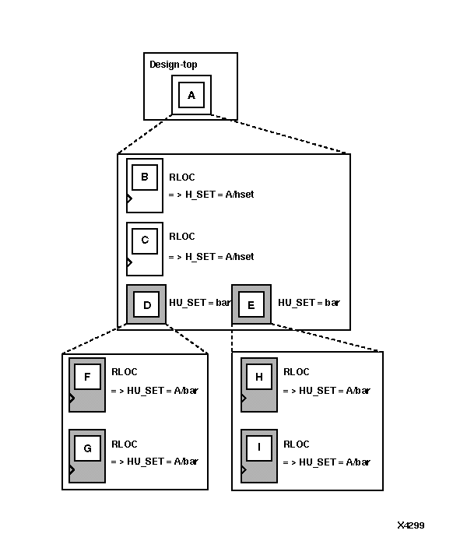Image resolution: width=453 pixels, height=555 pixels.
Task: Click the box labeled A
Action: coord(191,95)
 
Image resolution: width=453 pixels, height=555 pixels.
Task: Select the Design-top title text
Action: coord(173,64)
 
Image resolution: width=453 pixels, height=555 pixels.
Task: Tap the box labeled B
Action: coord(144,177)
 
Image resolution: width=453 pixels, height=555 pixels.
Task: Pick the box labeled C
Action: coord(144,241)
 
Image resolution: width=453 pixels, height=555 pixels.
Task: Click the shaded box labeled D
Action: coord(146,305)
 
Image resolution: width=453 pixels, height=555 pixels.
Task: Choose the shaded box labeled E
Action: coord(251,305)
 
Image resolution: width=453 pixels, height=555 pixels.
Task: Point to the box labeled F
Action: coord(87,378)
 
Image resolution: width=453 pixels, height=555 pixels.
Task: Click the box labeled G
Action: coord(87,448)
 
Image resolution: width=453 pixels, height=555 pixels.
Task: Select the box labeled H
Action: coord(258,378)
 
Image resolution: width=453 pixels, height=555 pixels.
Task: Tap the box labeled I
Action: coord(258,448)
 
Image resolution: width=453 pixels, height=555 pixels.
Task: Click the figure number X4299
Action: coord(411,525)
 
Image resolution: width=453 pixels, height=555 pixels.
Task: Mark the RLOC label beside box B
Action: coord(182,177)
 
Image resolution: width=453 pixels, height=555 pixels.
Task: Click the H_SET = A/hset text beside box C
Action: coord(212,256)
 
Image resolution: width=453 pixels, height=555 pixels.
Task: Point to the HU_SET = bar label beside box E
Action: coord(309,302)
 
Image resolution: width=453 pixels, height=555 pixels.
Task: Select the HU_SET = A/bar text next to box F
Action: coord(155,390)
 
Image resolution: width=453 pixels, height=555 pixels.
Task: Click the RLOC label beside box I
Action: coord(297,444)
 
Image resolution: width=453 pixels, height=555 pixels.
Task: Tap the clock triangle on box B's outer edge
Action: coord(129,198)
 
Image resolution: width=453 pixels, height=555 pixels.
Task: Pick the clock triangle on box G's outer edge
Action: coord(72,469)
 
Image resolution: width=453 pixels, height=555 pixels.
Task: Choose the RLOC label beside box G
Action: coord(125,444)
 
